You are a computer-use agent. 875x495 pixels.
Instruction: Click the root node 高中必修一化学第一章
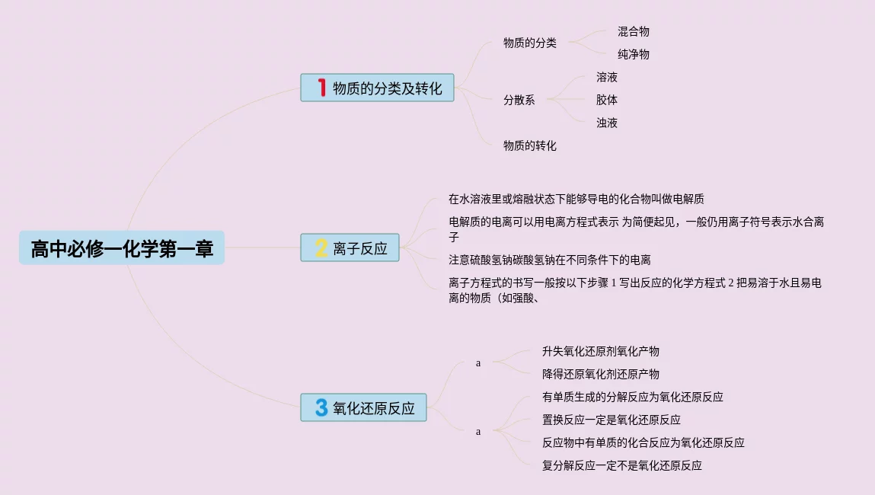point(122,248)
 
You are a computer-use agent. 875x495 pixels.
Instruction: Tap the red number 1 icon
point(321,88)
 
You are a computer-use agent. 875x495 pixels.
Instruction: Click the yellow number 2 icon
point(321,248)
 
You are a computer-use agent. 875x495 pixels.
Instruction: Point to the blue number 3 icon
point(321,408)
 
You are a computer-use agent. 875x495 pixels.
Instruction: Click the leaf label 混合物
point(634,32)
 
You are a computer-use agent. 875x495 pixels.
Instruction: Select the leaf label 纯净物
point(634,55)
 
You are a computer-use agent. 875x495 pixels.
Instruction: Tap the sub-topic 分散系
point(519,100)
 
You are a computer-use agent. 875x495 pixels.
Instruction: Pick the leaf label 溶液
point(607,78)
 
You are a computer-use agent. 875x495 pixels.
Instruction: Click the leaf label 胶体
point(607,100)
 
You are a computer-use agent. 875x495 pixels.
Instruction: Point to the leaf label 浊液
point(607,123)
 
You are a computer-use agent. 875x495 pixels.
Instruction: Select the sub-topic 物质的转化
point(529,145)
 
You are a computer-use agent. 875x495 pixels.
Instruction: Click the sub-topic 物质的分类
point(529,43)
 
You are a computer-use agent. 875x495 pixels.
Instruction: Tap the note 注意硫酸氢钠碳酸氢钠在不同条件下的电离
point(550,260)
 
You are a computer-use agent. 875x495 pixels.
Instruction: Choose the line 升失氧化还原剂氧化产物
point(600,352)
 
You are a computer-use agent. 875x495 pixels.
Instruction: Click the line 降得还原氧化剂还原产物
point(600,375)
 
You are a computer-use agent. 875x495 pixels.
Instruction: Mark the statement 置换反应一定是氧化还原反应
point(611,420)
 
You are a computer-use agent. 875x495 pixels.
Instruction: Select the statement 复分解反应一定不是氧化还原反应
point(621,465)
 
